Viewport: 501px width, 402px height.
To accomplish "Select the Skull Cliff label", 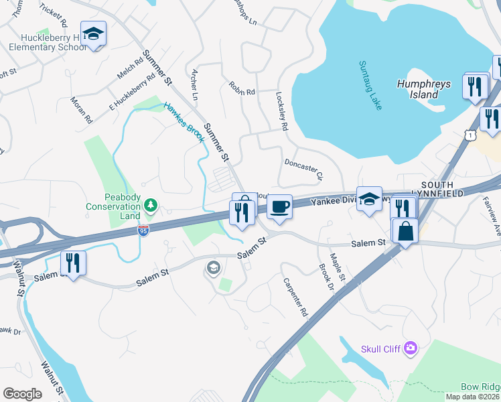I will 380,348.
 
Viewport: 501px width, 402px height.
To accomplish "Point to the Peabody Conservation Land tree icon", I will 151,204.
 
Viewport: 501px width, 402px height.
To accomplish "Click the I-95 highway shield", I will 143,230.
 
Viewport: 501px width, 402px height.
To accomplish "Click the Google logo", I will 22,393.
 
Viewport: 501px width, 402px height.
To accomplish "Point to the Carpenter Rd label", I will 294,297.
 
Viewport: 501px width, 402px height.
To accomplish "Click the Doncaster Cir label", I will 303,170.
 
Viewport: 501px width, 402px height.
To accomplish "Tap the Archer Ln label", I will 195,83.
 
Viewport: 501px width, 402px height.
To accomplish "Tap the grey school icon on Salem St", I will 213,269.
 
